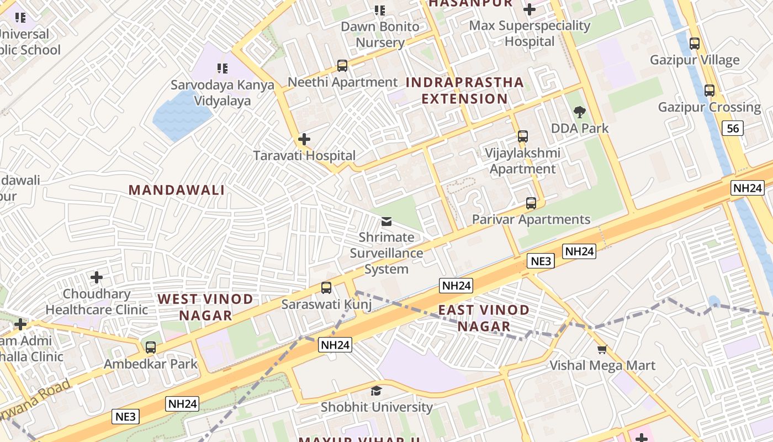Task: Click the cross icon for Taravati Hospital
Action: click(304, 139)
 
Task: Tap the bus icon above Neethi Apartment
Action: click(342, 66)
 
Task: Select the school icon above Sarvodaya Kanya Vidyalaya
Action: click(223, 69)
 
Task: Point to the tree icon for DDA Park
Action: click(580, 112)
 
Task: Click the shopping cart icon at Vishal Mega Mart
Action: click(602, 349)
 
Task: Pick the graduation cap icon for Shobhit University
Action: click(377, 391)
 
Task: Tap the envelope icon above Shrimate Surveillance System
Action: click(386, 222)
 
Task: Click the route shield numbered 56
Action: click(733, 129)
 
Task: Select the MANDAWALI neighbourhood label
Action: click(177, 190)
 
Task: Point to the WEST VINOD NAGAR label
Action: click(205, 307)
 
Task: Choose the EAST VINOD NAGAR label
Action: click(484, 318)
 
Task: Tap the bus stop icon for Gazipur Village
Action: click(695, 43)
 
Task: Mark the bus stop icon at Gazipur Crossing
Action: click(710, 91)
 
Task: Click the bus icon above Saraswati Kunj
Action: click(326, 288)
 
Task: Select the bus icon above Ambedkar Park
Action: click(151, 348)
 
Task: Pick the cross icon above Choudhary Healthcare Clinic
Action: click(97, 277)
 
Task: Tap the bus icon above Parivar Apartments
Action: click(531, 203)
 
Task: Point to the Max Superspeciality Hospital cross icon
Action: click(530, 9)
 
